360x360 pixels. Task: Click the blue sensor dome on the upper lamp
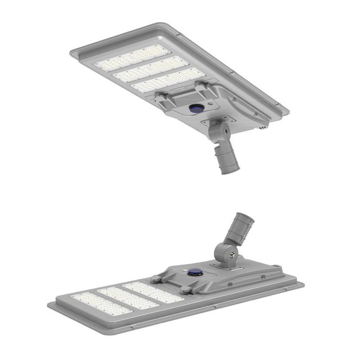(195, 108)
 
